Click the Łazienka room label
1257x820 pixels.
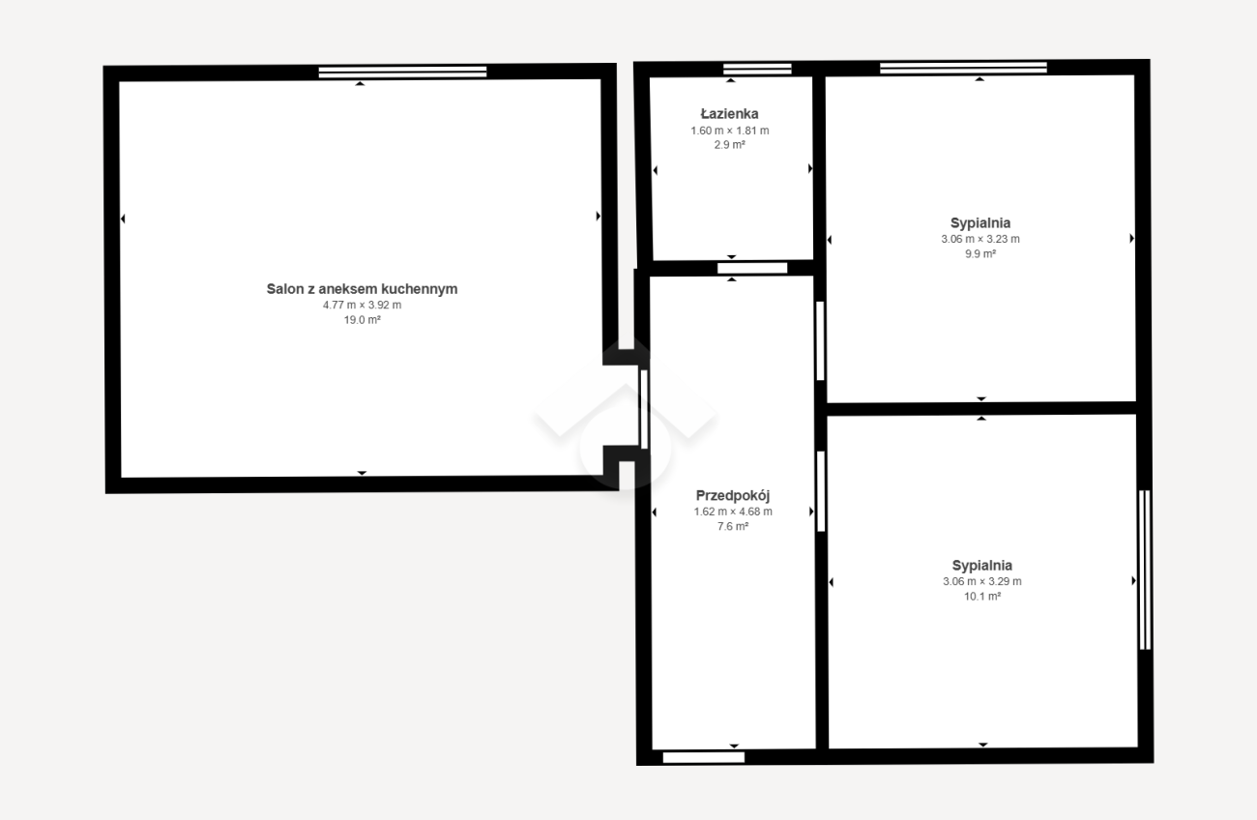(729, 114)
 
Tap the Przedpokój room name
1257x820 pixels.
(733, 496)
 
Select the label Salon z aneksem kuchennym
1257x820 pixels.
(362, 289)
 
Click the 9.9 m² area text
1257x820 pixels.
(980, 253)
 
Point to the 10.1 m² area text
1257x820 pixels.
(982, 596)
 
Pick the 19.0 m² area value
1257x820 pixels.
(363, 320)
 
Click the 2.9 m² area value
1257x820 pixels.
(729, 145)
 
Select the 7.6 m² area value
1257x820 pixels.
(733, 526)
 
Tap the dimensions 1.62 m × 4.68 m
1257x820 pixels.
(733, 512)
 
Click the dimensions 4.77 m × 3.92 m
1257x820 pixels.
(362, 306)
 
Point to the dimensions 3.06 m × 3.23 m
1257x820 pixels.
(980, 239)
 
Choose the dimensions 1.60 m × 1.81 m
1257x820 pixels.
(729, 131)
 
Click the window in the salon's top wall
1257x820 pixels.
(402, 72)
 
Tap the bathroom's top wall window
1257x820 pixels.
(757, 69)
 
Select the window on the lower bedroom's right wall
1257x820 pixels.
(1145, 570)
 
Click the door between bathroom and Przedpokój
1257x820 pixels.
(752, 268)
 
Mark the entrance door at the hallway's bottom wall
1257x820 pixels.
(704, 758)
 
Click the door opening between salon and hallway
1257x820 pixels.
(644, 409)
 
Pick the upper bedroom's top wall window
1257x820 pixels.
(963, 68)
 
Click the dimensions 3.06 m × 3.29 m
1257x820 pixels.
(982, 581)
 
